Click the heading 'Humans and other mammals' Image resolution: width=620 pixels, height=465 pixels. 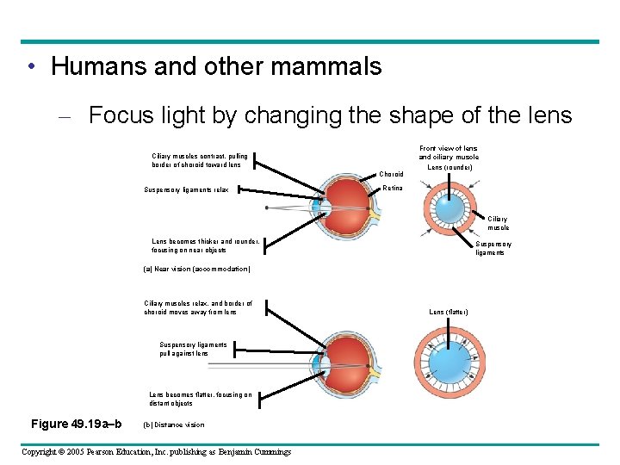click(216, 66)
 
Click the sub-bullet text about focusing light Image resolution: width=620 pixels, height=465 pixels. click(330, 115)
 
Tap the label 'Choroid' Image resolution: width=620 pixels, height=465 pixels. click(392, 174)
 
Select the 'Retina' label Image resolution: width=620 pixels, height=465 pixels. click(393, 188)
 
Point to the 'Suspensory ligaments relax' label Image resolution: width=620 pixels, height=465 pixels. click(185, 189)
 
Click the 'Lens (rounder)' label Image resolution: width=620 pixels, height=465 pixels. click(449, 167)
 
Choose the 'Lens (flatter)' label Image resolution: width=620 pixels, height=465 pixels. click(449, 312)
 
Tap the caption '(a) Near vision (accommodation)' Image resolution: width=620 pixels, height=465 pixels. click(197, 269)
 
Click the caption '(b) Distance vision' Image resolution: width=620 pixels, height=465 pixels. click(173, 424)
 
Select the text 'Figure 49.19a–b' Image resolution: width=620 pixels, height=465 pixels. click(76, 423)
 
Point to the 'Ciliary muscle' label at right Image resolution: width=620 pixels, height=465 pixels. click(499, 224)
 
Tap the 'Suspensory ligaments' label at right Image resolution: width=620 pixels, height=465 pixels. click(493, 248)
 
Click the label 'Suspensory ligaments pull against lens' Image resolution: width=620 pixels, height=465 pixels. click(195, 349)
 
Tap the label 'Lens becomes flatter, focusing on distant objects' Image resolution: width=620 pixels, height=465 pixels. click(201, 399)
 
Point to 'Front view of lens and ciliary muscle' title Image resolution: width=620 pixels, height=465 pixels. click(449, 152)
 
